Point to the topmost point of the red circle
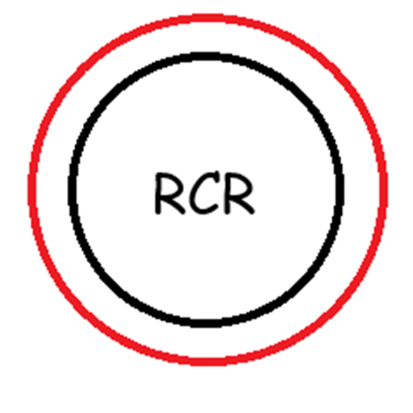[x=208, y=17]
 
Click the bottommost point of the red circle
[x=208, y=362]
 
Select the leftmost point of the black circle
[x=72, y=188]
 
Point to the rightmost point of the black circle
[x=340, y=188]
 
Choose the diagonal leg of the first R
[x=174, y=206]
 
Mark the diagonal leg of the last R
[x=244, y=206]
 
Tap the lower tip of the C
[x=215, y=206]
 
